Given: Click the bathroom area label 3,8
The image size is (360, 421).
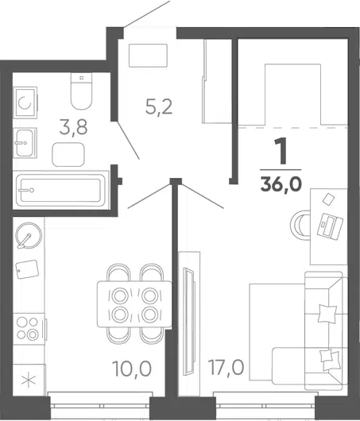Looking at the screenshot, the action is pyautogui.click(x=73, y=128).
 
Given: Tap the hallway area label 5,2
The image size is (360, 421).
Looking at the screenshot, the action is pyautogui.click(x=159, y=106).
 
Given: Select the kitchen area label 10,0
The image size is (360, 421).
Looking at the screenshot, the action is pyautogui.click(x=132, y=369).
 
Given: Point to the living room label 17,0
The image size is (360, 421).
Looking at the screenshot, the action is pyautogui.click(x=226, y=367).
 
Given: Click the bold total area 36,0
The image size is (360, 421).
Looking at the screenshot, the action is pyautogui.click(x=281, y=184).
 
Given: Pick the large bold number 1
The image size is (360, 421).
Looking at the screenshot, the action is pyautogui.click(x=281, y=151).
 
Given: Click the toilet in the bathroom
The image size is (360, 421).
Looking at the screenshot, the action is pyautogui.click(x=81, y=91).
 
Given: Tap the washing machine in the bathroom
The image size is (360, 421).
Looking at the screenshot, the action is pyautogui.click(x=25, y=102).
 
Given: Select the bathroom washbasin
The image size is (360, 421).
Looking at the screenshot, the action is pyautogui.click(x=25, y=142).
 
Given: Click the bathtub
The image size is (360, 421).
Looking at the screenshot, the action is pyautogui.click(x=60, y=191).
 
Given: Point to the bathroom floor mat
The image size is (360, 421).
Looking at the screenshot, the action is pyautogui.click(x=68, y=155).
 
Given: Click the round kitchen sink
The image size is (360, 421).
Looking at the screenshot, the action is pyautogui.click(x=29, y=235).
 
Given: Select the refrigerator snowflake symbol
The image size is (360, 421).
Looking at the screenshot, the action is pyautogui.click(x=29, y=380).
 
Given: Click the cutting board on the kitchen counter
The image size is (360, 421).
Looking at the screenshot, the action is pyautogui.click(x=27, y=269).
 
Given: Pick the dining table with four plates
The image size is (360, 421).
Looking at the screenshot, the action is pyautogui.click(x=134, y=304).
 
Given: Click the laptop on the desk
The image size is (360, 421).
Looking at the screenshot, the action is pyautogui.click(x=330, y=225).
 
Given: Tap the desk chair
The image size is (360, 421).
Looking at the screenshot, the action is pyautogui.click(x=301, y=226).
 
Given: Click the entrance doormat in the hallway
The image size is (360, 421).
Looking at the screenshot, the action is pyautogui.click(x=148, y=56).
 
